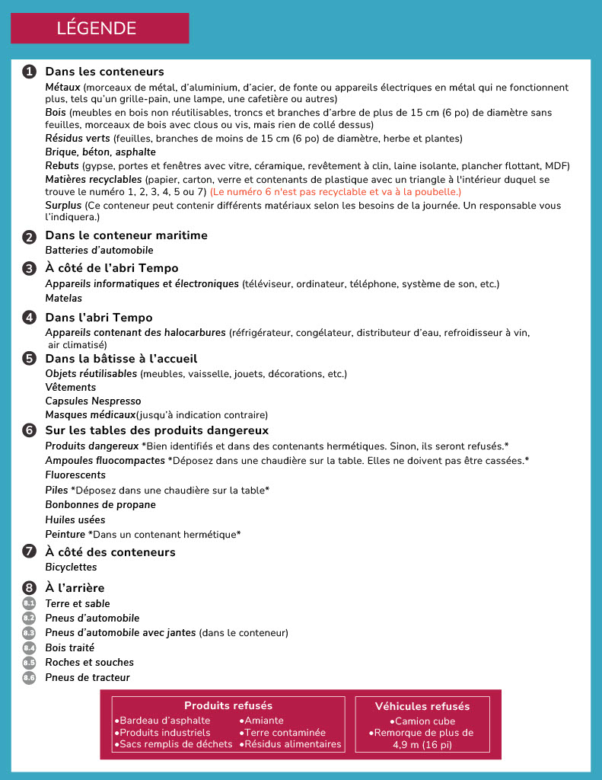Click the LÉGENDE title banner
click(x=99, y=28)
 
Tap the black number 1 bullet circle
click(x=30, y=72)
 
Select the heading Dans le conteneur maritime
click(x=126, y=235)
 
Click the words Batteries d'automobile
click(x=99, y=250)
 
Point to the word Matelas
click(x=64, y=298)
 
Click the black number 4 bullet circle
click(x=30, y=318)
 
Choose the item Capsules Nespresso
click(x=93, y=401)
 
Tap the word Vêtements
click(x=71, y=387)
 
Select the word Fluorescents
click(x=76, y=475)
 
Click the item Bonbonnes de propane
click(x=100, y=504)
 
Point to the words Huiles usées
click(x=75, y=519)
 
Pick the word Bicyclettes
click(x=72, y=567)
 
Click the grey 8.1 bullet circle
click(x=30, y=603)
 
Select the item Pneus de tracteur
click(x=88, y=677)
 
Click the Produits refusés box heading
click(x=228, y=706)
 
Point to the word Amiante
click(x=263, y=721)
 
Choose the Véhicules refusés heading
click(x=422, y=707)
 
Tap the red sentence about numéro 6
click(x=336, y=192)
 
